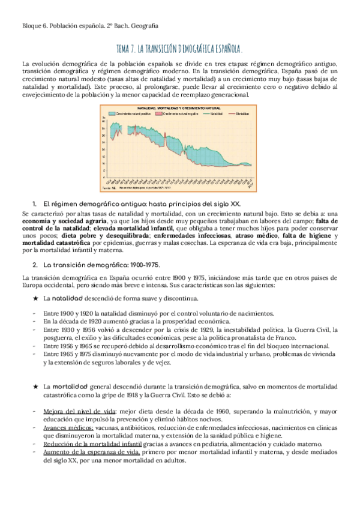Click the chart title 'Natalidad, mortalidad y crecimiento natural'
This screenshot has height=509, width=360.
[x=179, y=108]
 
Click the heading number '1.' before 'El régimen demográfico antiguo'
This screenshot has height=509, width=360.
[x=35, y=204]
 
